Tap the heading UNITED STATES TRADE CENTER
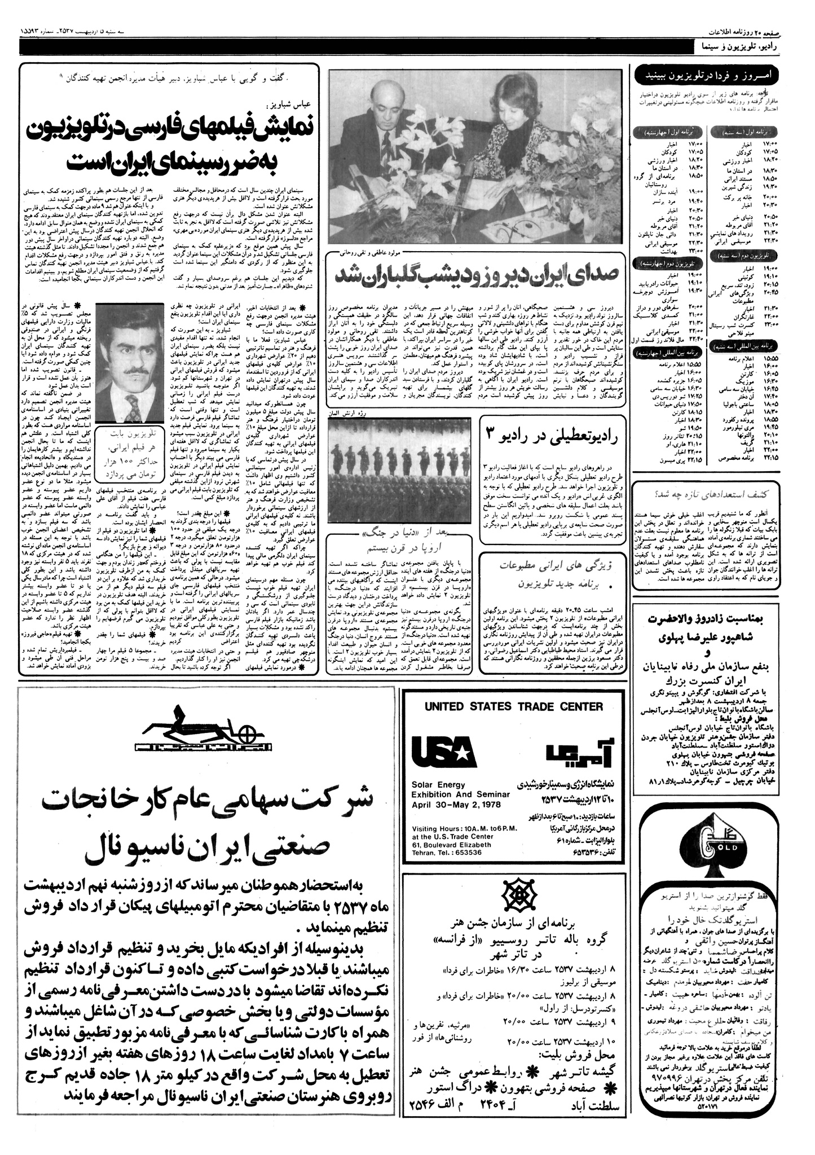pyautogui.click(x=513, y=706)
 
